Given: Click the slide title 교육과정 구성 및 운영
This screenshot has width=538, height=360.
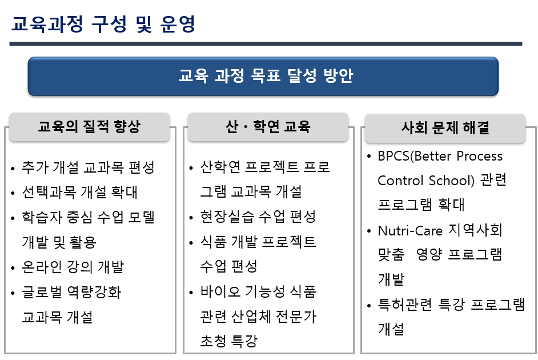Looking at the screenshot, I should (x=103, y=24).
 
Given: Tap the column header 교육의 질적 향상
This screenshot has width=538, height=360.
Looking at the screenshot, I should (x=89, y=127).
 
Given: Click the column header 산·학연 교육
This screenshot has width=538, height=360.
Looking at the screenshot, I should (x=268, y=127).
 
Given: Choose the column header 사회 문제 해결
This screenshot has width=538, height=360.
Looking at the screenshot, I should (x=445, y=127).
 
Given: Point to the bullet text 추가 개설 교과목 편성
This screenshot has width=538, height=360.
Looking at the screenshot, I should (x=89, y=167).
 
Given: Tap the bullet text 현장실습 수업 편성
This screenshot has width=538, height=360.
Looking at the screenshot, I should (x=258, y=217).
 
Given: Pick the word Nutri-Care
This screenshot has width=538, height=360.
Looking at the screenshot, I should (x=405, y=230).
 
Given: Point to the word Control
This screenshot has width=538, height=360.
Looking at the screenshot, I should (x=400, y=180).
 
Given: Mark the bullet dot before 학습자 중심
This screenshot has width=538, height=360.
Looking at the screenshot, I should (x=13, y=218).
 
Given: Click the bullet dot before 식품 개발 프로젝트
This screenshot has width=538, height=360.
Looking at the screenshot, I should (x=192, y=243).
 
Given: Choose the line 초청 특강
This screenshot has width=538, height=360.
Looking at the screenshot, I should (x=229, y=341).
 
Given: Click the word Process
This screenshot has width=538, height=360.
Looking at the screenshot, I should (x=477, y=156).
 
